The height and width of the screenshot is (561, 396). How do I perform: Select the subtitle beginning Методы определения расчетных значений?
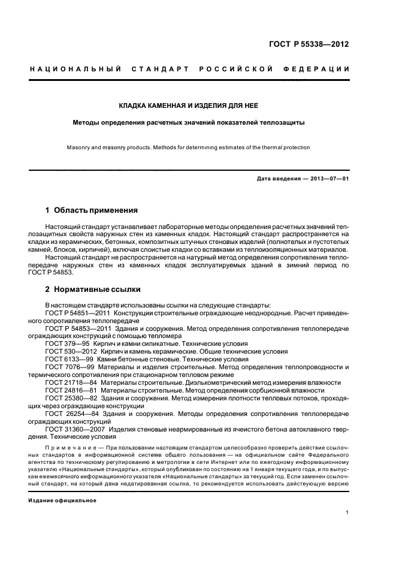tap(189, 122)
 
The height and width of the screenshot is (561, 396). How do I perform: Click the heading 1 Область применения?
tap(92, 210)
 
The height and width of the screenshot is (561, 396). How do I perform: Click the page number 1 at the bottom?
tap(347, 512)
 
